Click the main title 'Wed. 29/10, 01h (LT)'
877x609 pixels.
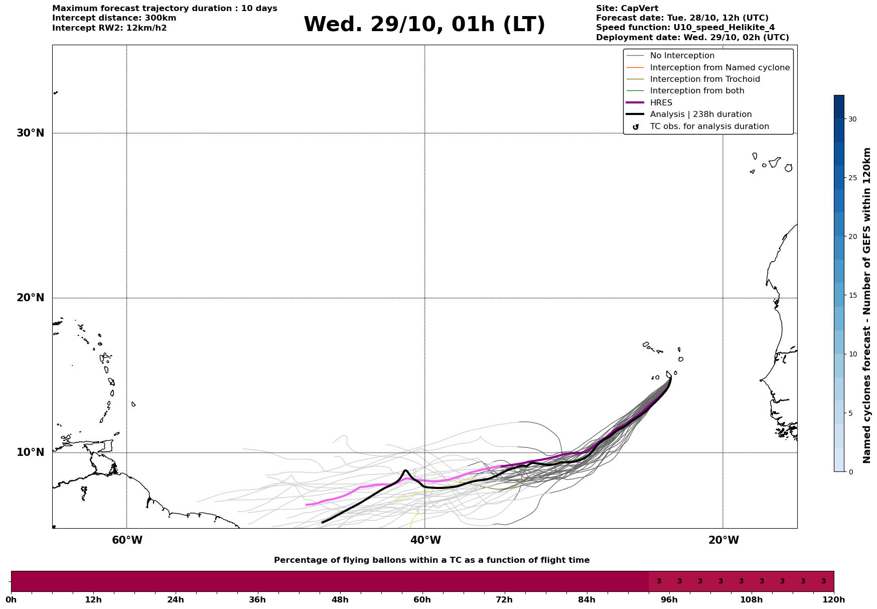(x=424, y=25)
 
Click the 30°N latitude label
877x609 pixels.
(x=30, y=133)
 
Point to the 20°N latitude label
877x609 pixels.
(x=30, y=298)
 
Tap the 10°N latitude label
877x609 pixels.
(x=30, y=452)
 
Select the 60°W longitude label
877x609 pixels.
(x=126, y=540)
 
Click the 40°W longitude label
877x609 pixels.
(x=425, y=540)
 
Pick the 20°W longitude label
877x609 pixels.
(x=723, y=540)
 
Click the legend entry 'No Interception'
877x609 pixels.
(x=682, y=56)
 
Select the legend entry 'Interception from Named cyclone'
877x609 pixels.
(x=719, y=68)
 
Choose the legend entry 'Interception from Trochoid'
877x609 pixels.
(x=704, y=79)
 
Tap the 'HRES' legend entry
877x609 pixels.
(x=661, y=103)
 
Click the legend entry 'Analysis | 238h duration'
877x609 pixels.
(x=700, y=114)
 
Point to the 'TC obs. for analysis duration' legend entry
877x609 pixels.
(x=709, y=127)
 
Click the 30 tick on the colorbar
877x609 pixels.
(x=852, y=119)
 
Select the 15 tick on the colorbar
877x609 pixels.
(x=852, y=295)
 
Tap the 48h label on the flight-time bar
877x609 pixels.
(x=340, y=599)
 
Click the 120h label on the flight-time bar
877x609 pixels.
(x=833, y=599)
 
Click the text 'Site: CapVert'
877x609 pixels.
(x=627, y=9)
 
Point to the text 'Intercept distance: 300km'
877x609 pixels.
(x=114, y=18)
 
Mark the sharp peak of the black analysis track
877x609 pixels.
(x=405, y=470)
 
